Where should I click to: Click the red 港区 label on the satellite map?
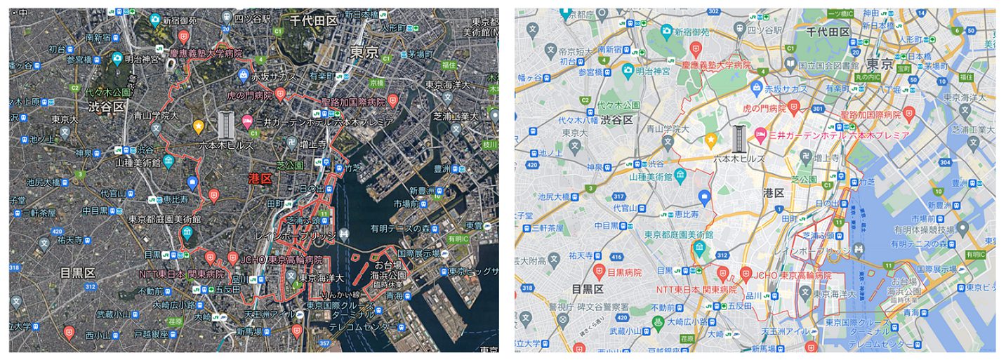pos(262,179)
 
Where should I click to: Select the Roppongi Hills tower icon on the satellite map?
pos(225,124)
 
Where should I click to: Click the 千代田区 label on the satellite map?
pos(314,21)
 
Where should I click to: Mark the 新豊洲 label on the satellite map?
pos(423,191)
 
